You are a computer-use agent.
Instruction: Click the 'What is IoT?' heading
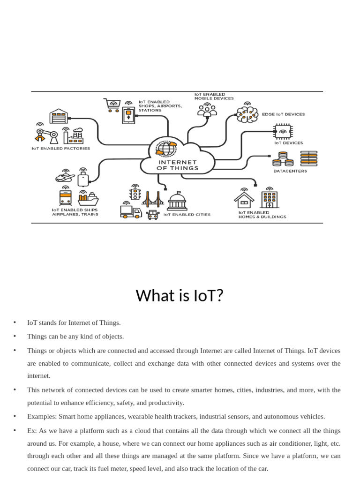180,296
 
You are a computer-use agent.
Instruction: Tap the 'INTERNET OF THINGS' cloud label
177,165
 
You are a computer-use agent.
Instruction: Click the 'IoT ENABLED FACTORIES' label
61,149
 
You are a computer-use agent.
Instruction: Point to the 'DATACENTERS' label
290,171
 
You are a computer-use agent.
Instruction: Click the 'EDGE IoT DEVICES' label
283,114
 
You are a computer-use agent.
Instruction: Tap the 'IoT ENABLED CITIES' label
187,215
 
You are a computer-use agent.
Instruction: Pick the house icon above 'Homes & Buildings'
244,200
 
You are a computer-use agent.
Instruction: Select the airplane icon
65,178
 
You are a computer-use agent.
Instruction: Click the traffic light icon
135,194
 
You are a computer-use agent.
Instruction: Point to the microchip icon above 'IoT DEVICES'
283,131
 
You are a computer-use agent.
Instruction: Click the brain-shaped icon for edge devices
247,114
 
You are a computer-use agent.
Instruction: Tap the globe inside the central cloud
167,149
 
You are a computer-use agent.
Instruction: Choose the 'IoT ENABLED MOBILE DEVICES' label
214,96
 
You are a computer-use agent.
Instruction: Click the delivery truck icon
131,212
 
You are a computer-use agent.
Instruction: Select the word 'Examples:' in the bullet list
42,416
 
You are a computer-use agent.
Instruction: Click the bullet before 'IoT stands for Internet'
15,322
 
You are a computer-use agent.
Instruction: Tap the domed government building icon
177,201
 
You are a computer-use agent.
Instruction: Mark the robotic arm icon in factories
46,135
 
